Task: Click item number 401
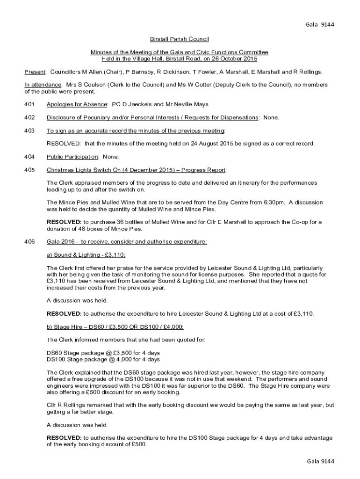point(29,104)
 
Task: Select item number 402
point(29,117)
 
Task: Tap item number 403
point(29,131)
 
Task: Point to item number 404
point(29,157)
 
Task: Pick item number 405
point(29,170)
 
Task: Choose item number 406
point(29,242)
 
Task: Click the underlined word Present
point(35,72)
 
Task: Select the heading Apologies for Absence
point(77,104)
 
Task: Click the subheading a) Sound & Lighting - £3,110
point(86,255)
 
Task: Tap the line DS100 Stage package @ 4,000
point(103,360)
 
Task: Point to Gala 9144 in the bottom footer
point(320,461)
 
